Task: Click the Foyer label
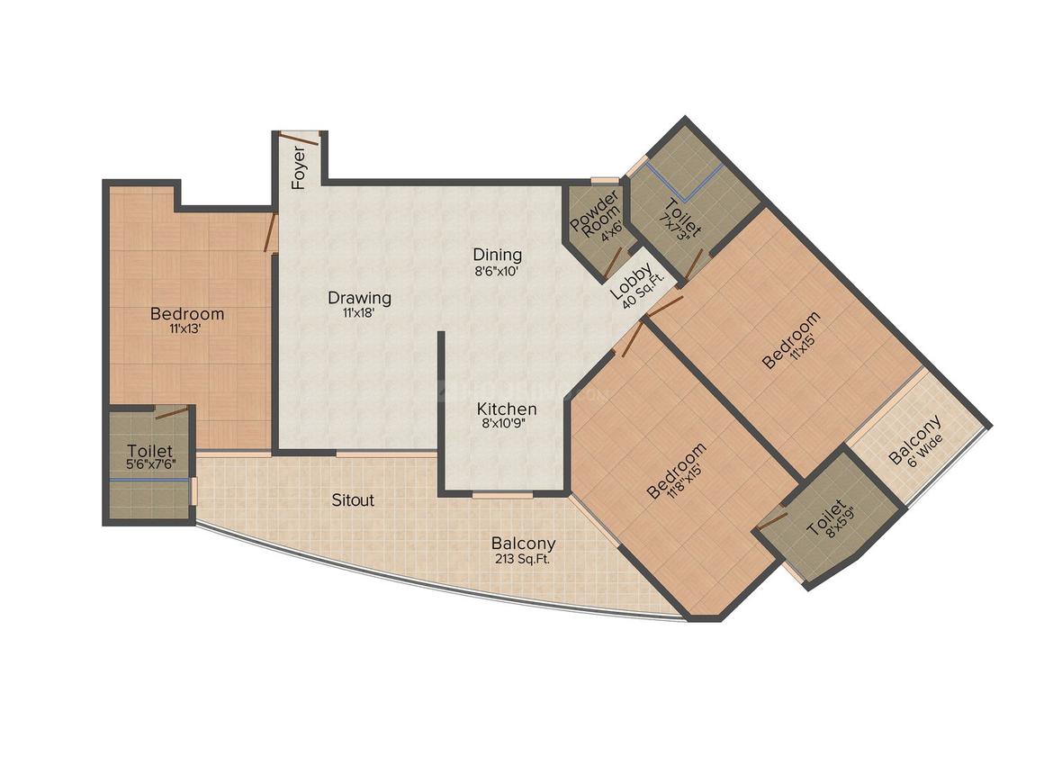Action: (299, 167)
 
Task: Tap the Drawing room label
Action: (359, 298)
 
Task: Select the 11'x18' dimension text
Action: (360, 312)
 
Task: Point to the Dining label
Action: (498, 255)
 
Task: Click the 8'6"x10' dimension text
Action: (497, 272)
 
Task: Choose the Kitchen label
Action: (507, 408)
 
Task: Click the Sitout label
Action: (353, 500)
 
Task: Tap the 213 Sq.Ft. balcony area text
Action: (522, 559)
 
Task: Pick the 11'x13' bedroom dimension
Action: (185, 328)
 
